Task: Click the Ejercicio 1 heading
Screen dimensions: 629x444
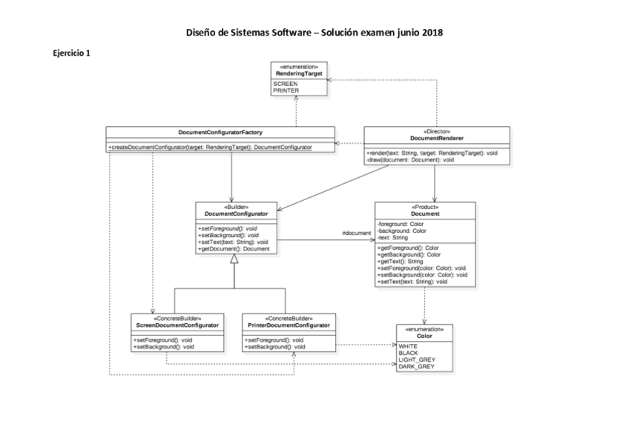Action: (x=71, y=53)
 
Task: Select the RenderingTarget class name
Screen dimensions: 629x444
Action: (x=300, y=74)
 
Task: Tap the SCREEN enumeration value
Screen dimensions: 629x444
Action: (x=286, y=85)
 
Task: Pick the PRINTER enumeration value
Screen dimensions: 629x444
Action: (x=287, y=90)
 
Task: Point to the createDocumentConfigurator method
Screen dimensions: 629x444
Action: (x=210, y=148)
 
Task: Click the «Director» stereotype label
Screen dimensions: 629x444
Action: (x=437, y=131)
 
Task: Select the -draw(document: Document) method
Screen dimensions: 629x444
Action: (x=410, y=159)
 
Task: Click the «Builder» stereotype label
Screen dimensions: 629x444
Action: (x=236, y=206)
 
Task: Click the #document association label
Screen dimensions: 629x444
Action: (x=356, y=233)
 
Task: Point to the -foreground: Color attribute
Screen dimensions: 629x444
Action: (x=401, y=224)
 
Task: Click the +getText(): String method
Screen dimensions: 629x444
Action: (x=401, y=262)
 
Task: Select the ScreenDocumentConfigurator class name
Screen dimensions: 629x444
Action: (x=177, y=325)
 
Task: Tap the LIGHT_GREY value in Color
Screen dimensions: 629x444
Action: (x=417, y=359)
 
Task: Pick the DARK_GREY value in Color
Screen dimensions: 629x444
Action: (x=416, y=366)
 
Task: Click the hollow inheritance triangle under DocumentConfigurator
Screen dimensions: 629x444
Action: (x=234, y=261)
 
